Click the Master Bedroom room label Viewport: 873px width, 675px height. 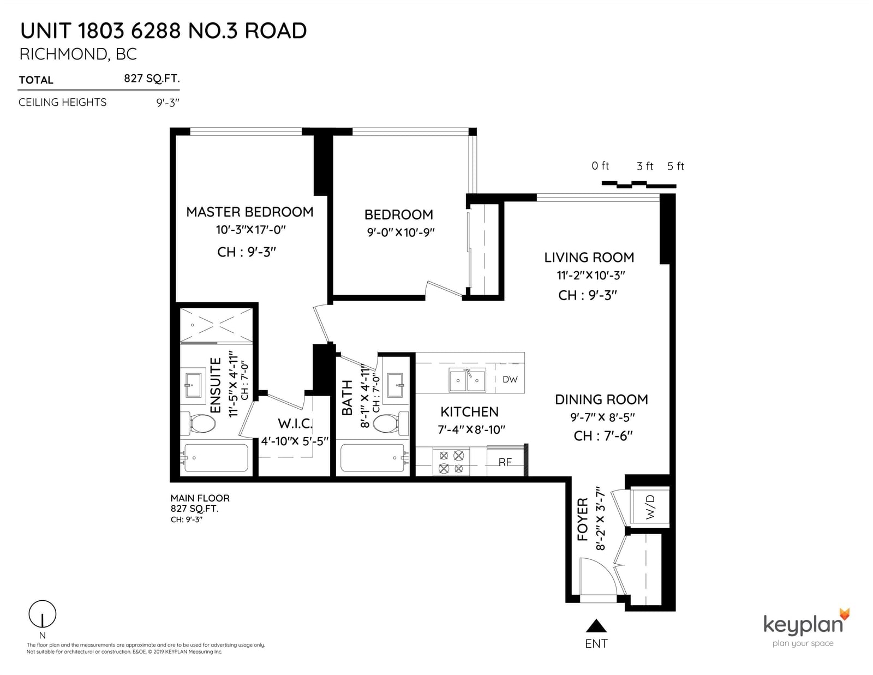(249, 212)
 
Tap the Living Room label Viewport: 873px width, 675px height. (589, 258)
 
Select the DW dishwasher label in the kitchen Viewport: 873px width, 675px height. (510, 379)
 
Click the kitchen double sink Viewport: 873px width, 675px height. (467, 380)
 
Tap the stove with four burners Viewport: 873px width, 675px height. (451, 462)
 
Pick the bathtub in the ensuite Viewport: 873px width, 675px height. (216, 458)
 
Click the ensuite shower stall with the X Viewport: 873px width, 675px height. (216, 325)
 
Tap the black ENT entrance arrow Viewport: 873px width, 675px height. (596, 625)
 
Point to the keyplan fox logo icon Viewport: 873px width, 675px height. (845, 614)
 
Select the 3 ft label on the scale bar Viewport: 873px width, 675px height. (645, 166)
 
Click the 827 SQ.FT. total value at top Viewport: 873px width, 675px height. (152, 79)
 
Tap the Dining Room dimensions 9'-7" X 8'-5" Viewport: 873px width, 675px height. (602, 417)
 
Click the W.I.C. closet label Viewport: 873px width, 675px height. (295, 423)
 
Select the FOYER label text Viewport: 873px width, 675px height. (583, 519)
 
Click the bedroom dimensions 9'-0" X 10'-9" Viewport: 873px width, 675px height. (400, 232)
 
